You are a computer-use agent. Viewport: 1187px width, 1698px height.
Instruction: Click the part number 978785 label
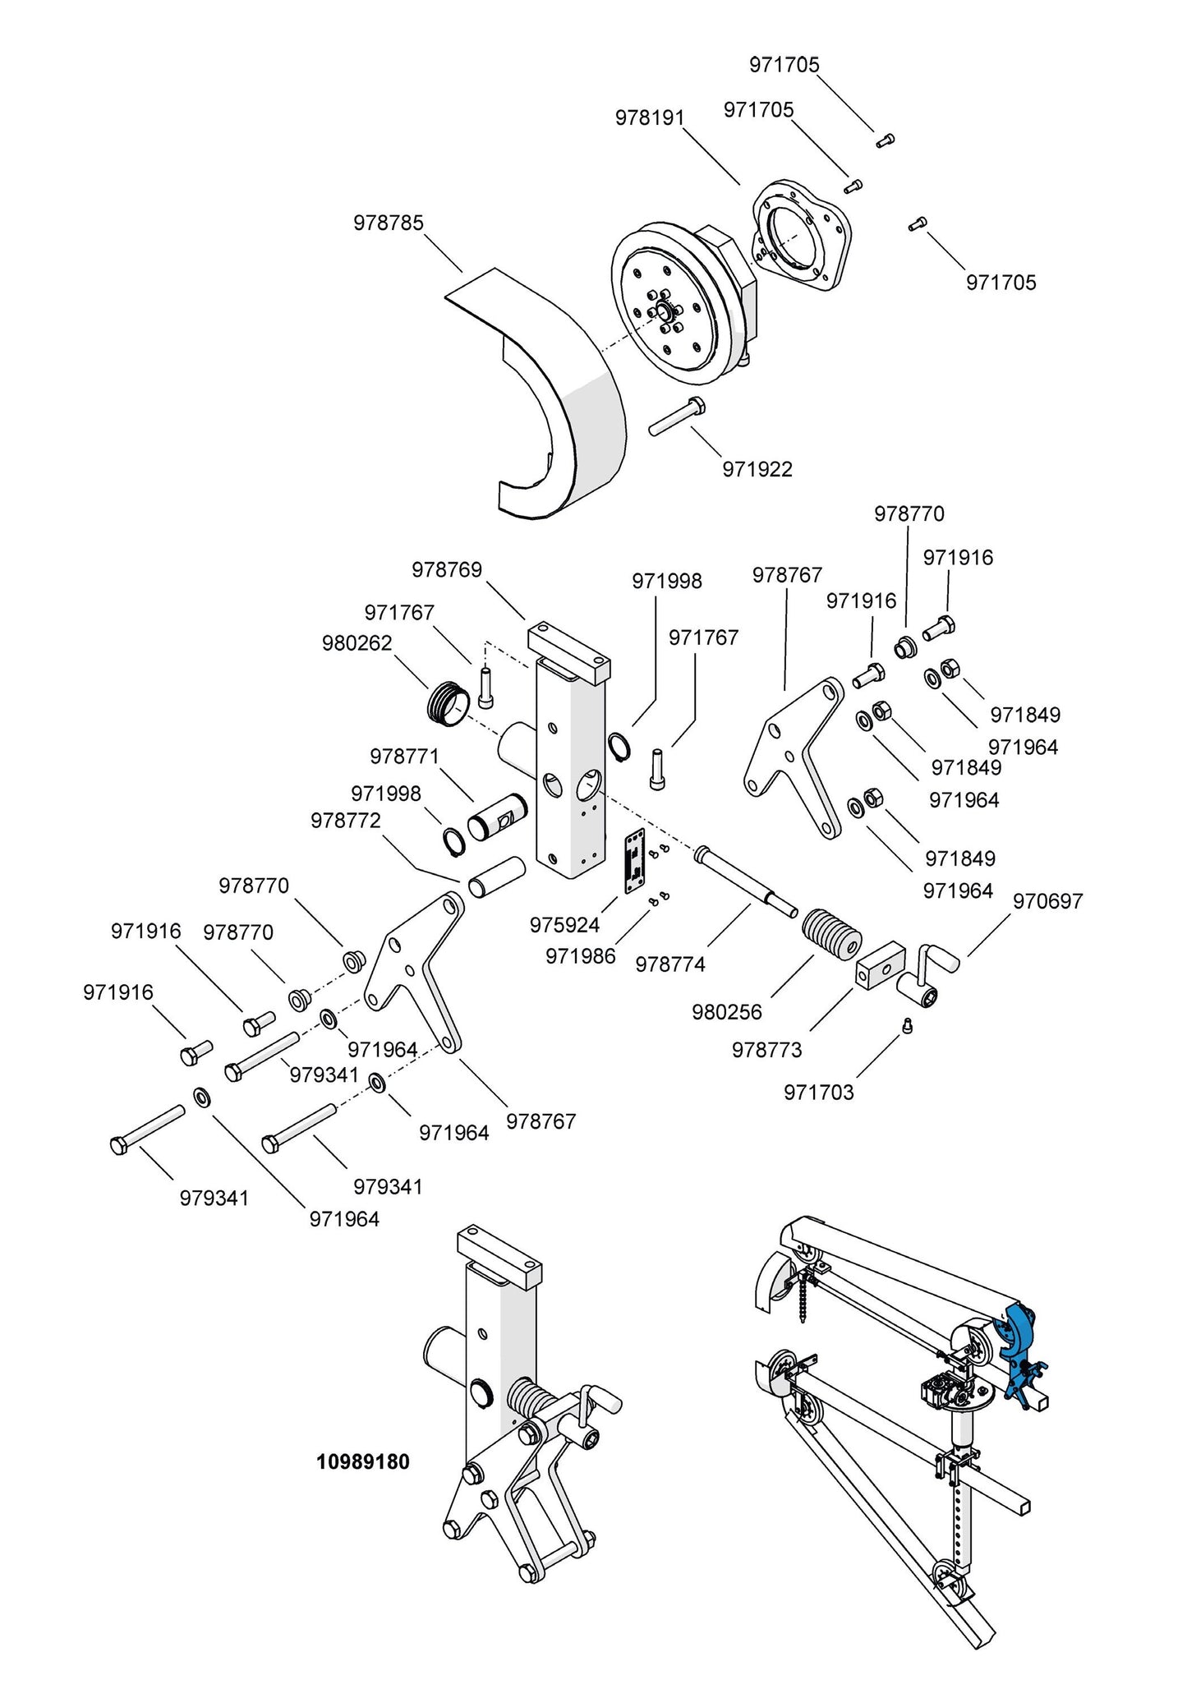[389, 223]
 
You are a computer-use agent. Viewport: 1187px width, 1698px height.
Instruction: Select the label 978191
[650, 117]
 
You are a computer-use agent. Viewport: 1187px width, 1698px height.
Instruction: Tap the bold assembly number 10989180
[362, 1462]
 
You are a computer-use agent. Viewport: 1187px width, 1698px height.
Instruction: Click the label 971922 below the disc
[757, 469]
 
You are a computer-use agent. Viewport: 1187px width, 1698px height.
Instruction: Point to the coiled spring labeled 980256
[831, 936]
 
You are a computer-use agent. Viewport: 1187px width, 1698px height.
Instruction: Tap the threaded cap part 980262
[449, 704]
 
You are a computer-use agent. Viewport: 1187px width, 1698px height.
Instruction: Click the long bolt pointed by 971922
[677, 417]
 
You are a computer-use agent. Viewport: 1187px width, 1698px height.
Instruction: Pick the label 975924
[564, 925]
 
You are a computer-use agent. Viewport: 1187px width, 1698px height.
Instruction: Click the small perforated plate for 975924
[633, 860]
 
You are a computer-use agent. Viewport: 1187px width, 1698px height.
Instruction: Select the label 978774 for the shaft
[670, 964]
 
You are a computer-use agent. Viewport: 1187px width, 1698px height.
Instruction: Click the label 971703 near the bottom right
[819, 1093]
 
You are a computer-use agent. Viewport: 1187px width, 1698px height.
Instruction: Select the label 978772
[346, 821]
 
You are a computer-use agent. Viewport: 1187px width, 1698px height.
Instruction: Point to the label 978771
[404, 756]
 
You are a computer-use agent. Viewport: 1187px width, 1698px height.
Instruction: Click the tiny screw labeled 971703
[908, 1025]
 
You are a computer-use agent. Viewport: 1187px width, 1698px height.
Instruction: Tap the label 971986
[580, 955]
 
